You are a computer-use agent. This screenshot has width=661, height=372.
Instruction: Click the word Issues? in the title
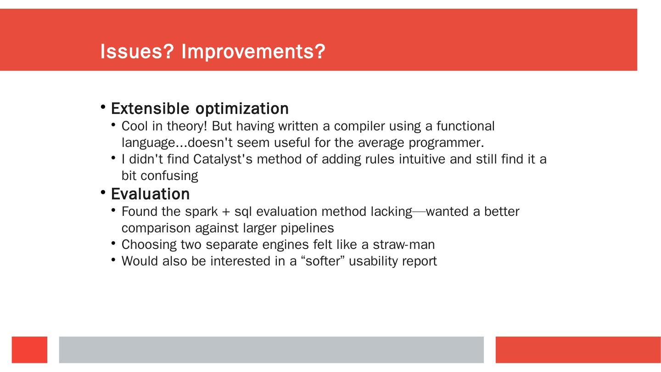137,51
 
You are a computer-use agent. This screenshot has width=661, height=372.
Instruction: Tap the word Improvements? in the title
253,52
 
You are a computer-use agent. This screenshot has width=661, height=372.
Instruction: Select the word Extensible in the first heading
150,108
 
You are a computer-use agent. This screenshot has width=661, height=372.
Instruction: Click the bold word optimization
242,109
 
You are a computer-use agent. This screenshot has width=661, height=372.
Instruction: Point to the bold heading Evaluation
150,194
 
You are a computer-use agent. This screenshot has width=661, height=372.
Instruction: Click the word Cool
134,126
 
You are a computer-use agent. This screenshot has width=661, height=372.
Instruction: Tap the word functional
465,126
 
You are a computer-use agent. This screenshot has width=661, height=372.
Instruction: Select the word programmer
446,143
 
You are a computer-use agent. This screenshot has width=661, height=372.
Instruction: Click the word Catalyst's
223,160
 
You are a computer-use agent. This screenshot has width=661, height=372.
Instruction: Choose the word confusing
169,176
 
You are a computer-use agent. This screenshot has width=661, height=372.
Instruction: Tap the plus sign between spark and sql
226,212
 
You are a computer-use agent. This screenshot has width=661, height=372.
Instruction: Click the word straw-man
403,245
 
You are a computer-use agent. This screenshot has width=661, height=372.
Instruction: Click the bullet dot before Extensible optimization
103,107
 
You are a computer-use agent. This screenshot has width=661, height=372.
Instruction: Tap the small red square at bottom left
29,349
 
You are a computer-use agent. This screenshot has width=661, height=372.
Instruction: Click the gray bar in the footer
271,349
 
